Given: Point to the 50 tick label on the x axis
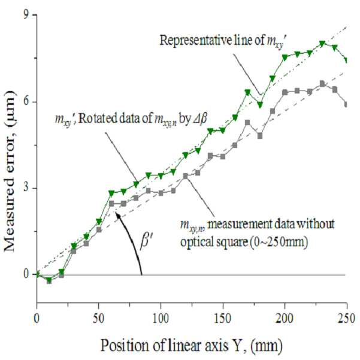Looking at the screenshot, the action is click(x=99, y=319).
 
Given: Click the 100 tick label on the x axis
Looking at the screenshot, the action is click(x=161, y=319).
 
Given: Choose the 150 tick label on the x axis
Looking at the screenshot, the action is click(x=223, y=319).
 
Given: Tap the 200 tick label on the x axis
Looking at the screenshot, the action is click(x=285, y=319).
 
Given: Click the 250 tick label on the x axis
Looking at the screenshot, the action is click(x=346, y=319).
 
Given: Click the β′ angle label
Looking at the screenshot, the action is click(x=144, y=242).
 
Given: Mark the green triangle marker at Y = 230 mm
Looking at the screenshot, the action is click(x=322, y=44).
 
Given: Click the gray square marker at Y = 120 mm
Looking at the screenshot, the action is click(x=186, y=176).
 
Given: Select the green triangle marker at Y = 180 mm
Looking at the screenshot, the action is click(x=260, y=105).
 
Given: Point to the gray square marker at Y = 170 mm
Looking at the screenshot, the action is click(x=247, y=123).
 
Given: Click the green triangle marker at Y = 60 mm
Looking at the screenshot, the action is click(x=111, y=193).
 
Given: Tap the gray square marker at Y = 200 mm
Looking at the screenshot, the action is click(x=285, y=92).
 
